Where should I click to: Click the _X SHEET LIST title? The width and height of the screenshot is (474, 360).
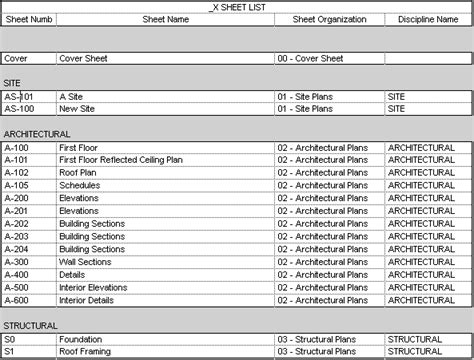pyautogui.click(x=237, y=6)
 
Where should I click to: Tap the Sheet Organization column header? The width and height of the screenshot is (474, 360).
pyautogui.click(x=329, y=19)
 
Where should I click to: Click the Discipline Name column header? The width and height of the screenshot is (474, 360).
pyautogui.click(x=428, y=19)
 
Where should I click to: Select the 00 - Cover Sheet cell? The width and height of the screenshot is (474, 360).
pyautogui.click(x=310, y=58)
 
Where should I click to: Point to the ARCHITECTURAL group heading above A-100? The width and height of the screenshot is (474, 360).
pyautogui.click(x=36, y=133)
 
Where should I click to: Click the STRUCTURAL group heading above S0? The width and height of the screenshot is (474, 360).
pyautogui.click(x=30, y=325)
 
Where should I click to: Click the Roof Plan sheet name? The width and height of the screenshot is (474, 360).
pyautogui.click(x=81, y=172)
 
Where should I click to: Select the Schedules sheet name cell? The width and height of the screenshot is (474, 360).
pyautogui.click(x=81, y=185)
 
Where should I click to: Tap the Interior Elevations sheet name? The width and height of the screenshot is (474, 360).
pyautogui.click(x=94, y=287)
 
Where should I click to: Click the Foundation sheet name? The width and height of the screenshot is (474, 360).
pyautogui.click(x=83, y=339)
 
